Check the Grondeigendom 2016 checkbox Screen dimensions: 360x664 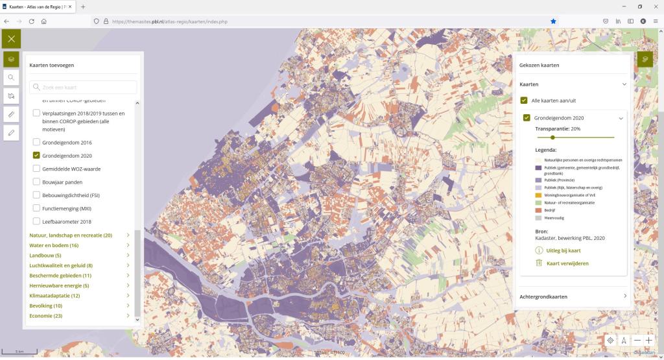[x=37, y=142]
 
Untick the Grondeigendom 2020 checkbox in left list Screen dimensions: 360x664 [x=37, y=156]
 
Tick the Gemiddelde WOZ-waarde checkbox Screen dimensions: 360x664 [x=37, y=169]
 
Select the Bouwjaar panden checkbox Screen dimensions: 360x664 [x=37, y=182]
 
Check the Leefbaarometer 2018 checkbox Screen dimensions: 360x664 [x=37, y=221]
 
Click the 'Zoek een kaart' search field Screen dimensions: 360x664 [x=83, y=87]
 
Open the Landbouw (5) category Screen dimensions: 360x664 [x=45, y=256]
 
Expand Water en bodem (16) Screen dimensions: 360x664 [x=54, y=245]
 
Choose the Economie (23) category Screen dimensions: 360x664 [x=46, y=316]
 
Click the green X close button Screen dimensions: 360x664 [x=11, y=39]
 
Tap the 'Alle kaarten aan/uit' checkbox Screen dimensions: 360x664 [x=524, y=101]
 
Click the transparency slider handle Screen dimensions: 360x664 [x=552, y=138]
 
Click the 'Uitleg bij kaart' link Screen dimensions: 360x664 [x=558, y=250]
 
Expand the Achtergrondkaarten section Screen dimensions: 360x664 [x=574, y=296]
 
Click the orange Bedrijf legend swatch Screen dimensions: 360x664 [x=538, y=210]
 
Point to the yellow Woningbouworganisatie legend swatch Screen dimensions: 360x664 [x=538, y=195]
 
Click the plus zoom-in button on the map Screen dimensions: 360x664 [x=648, y=340]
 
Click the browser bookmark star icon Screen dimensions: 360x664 [x=553, y=21]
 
